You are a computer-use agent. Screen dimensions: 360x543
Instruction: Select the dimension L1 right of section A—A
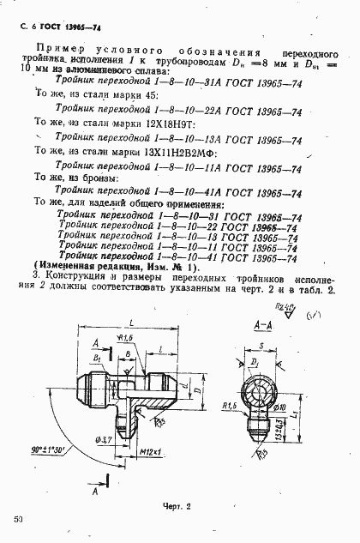click(315, 414)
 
